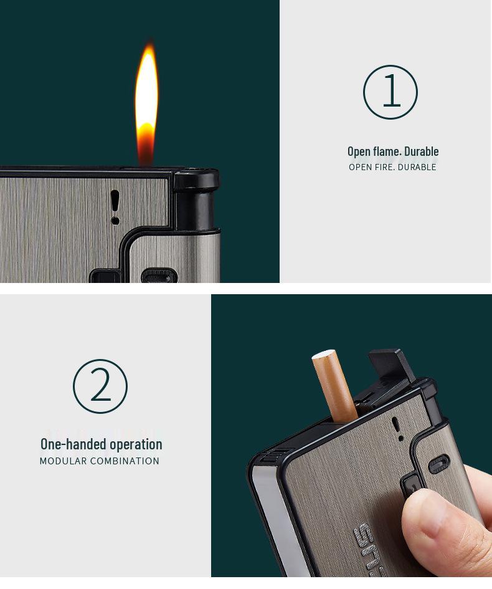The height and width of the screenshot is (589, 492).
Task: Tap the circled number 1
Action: pyautogui.click(x=390, y=92)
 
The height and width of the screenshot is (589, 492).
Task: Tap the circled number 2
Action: pyautogui.click(x=100, y=386)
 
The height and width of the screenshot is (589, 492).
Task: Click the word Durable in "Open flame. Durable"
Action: pyautogui.click(x=422, y=151)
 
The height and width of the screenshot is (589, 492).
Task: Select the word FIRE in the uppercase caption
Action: pyautogui.click(x=384, y=167)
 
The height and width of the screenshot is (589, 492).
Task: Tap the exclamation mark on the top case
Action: pyautogui.click(x=115, y=207)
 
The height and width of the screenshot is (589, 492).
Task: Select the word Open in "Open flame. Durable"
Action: pyautogui.click(x=359, y=151)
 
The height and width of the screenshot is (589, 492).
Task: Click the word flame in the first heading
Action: pyautogui.click(x=386, y=151)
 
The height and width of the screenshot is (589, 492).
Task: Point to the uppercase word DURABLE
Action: pyautogui.click(x=417, y=167)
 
